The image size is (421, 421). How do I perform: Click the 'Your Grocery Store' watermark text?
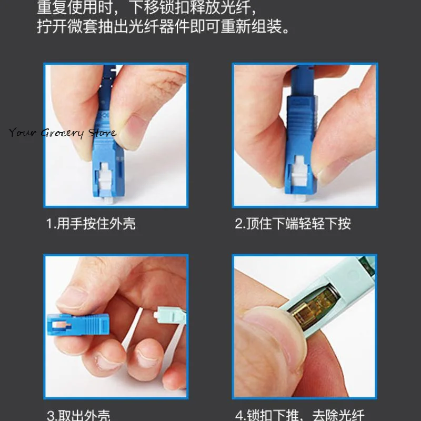coord(62,133)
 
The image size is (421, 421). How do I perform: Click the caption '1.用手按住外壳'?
coord(91,224)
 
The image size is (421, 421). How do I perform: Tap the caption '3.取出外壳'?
coord(79,415)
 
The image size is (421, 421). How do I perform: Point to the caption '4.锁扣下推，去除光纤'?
coord(299,415)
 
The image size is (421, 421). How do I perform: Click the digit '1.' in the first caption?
coord(51,224)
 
